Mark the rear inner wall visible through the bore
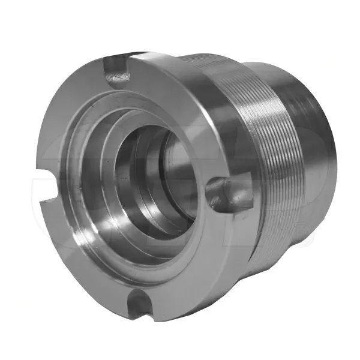(174, 174)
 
